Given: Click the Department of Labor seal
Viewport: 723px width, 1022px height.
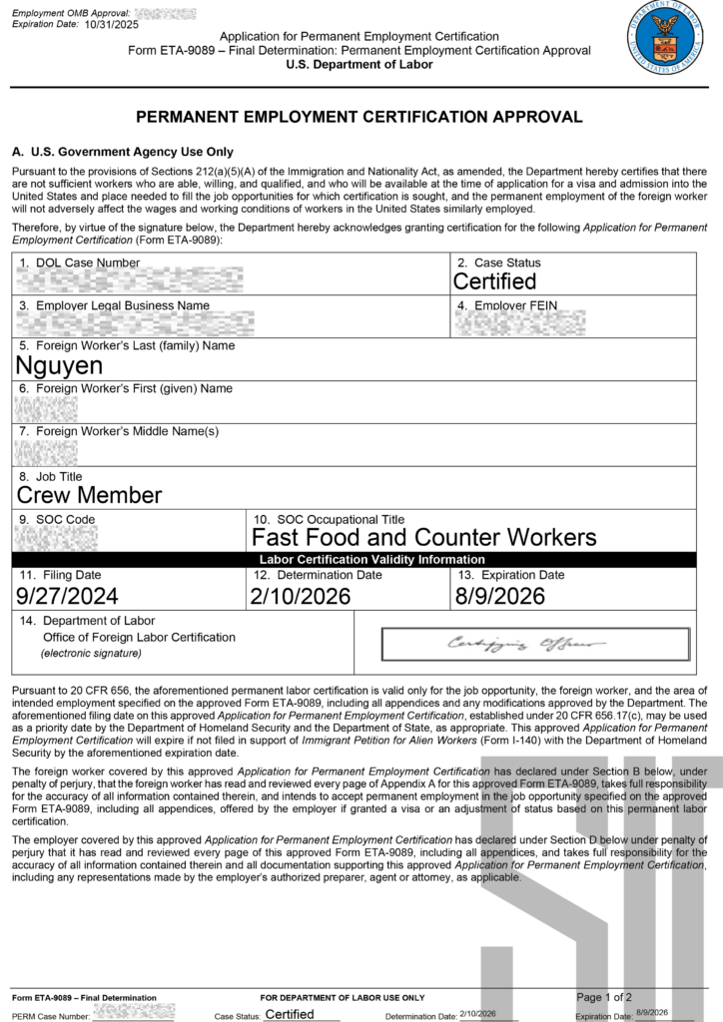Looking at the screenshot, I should [x=664, y=38].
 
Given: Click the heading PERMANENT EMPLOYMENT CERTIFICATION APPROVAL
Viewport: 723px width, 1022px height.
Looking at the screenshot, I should [x=360, y=117].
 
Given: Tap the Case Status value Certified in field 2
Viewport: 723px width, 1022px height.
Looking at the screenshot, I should [x=494, y=281].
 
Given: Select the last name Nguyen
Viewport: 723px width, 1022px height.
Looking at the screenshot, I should [x=60, y=365].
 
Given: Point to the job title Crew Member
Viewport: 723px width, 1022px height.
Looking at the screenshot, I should [x=90, y=495].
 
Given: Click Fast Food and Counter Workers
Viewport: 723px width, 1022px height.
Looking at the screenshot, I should [x=423, y=537].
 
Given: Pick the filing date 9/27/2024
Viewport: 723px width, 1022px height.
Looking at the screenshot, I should [x=68, y=596].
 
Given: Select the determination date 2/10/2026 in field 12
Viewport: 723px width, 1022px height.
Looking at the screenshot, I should [x=302, y=596].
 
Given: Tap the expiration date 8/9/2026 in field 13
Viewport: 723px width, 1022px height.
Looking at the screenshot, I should [x=500, y=596].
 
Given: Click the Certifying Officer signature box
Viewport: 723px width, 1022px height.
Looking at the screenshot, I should [x=535, y=644].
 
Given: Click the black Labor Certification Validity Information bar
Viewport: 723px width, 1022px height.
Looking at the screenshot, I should [x=371, y=560].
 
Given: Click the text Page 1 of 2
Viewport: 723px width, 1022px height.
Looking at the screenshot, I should [x=604, y=996].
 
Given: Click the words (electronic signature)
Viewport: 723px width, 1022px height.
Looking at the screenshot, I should [x=91, y=654].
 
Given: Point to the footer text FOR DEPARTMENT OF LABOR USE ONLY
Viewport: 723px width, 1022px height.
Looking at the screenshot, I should [x=343, y=997].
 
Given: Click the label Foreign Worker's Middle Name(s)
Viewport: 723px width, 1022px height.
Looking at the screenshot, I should [x=127, y=431].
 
